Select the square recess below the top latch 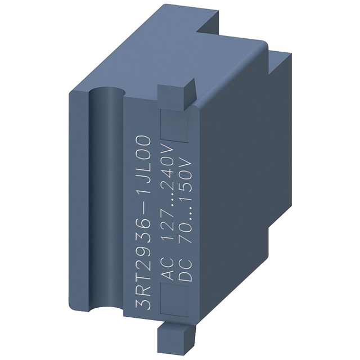point(175,124)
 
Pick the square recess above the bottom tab point(175,299)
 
